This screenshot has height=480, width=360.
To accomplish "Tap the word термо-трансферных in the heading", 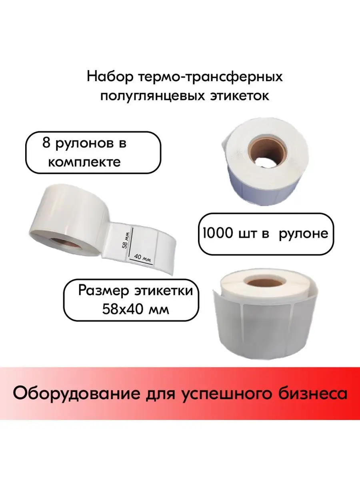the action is [x=211, y=78].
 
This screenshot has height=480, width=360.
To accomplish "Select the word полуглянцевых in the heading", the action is [x=153, y=96].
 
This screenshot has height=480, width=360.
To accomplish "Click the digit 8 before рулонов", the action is [x=46, y=144].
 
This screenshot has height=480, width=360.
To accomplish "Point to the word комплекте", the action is [x=84, y=162].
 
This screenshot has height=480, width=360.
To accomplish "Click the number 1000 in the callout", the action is [x=217, y=233].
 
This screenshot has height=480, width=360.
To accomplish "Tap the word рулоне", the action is [x=304, y=234].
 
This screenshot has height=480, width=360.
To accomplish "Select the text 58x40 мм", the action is [x=136, y=310].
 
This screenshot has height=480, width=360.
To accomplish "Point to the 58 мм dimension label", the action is [x=126, y=240].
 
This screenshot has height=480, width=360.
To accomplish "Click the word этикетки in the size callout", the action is [x=164, y=291].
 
